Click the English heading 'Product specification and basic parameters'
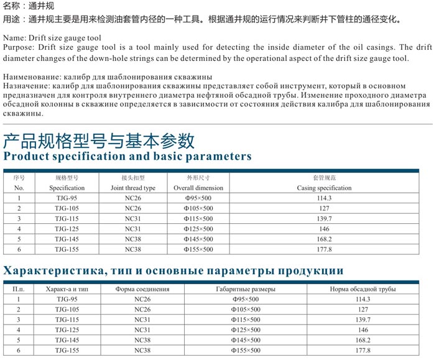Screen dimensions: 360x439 click(x=127, y=156)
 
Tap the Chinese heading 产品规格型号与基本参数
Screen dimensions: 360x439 click(x=99, y=139)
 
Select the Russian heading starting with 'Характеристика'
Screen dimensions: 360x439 click(x=173, y=270)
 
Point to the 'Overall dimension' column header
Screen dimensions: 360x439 click(x=198, y=188)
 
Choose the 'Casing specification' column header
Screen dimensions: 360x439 click(x=324, y=188)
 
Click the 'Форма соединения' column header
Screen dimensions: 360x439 click(x=142, y=289)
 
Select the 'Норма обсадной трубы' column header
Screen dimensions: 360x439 click(x=363, y=289)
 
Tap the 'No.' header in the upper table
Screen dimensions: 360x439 click(x=19, y=188)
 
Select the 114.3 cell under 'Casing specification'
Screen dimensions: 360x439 click(x=324, y=198)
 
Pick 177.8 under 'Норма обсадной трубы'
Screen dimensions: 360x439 click(x=363, y=351)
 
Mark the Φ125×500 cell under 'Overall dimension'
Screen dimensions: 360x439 click(x=198, y=229)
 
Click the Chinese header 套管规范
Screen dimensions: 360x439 click(x=324, y=178)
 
